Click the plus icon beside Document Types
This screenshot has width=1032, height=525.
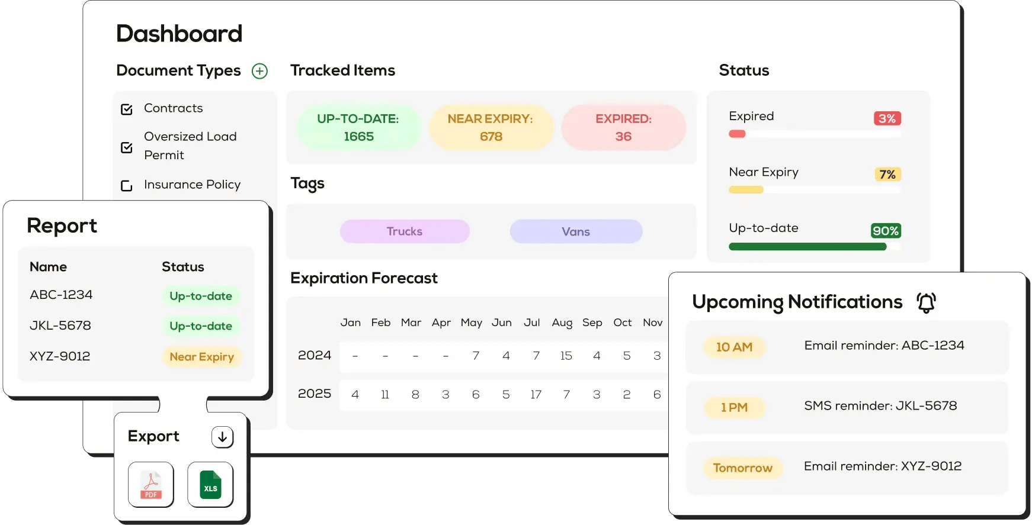pyautogui.click(x=259, y=71)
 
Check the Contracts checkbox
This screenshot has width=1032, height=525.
pyautogui.click(x=127, y=109)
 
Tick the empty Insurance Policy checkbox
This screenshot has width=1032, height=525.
pyautogui.click(x=127, y=185)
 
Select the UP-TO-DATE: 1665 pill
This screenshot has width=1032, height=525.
pyautogui.click(x=358, y=127)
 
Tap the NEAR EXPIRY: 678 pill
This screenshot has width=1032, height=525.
pyautogui.click(x=491, y=127)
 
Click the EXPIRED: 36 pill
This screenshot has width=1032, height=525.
pyautogui.click(x=623, y=127)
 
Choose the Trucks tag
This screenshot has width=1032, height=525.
pyautogui.click(x=405, y=231)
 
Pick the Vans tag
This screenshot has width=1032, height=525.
pyautogui.click(x=576, y=231)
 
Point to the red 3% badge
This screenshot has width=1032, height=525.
pyautogui.click(x=887, y=118)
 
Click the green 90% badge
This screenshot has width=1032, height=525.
pyautogui.click(x=886, y=231)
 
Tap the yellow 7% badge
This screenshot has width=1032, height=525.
pyautogui.click(x=887, y=175)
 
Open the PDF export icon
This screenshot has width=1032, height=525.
pyautogui.click(x=151, y=485)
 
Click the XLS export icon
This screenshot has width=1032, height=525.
pyautogui.click(x=210, y=485)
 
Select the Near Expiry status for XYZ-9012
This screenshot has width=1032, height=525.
pyautogui.click(x=202, y=357)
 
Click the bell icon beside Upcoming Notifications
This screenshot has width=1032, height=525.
pyautogui.click(x=927, y=302)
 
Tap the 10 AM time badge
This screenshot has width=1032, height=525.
pyautogui.click(x=735, y=347)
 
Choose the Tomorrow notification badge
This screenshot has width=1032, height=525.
pyautogui.click(x=743, y=468)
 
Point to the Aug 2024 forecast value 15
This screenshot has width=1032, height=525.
pyautogui.click(x=566, y=356)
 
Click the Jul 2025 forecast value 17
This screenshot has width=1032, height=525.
pyautogui.click(x=536, y=395)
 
